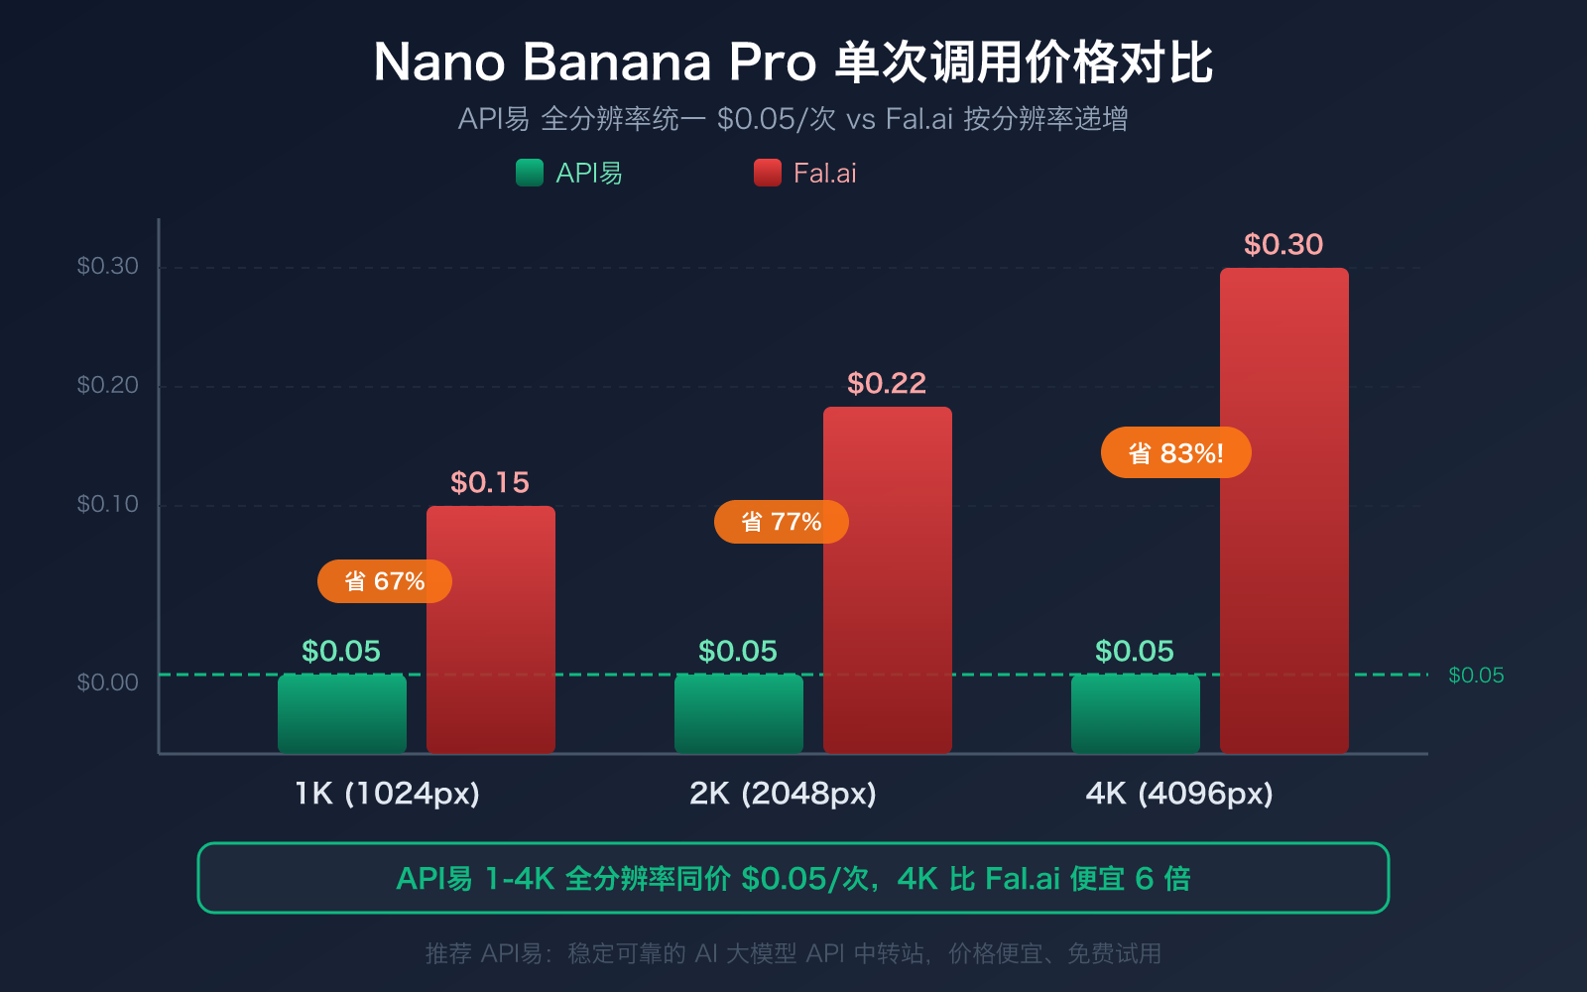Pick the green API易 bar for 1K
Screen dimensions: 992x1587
341,714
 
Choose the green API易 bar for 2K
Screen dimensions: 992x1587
738,714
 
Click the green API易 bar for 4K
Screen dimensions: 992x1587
1135,714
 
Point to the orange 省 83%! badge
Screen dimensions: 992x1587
1175,453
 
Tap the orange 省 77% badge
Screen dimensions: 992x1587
781,522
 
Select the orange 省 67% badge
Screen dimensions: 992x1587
384,581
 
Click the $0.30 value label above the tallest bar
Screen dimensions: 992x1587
1283,244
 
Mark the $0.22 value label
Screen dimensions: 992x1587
887,383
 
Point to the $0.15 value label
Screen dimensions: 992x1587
490,482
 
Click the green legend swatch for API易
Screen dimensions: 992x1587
530,173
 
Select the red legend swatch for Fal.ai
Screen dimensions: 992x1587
768,173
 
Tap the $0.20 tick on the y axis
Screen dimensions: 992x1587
107,385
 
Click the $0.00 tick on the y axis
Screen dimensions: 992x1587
107,682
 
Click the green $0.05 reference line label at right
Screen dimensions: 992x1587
1476,676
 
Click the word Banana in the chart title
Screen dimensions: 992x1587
617,62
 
